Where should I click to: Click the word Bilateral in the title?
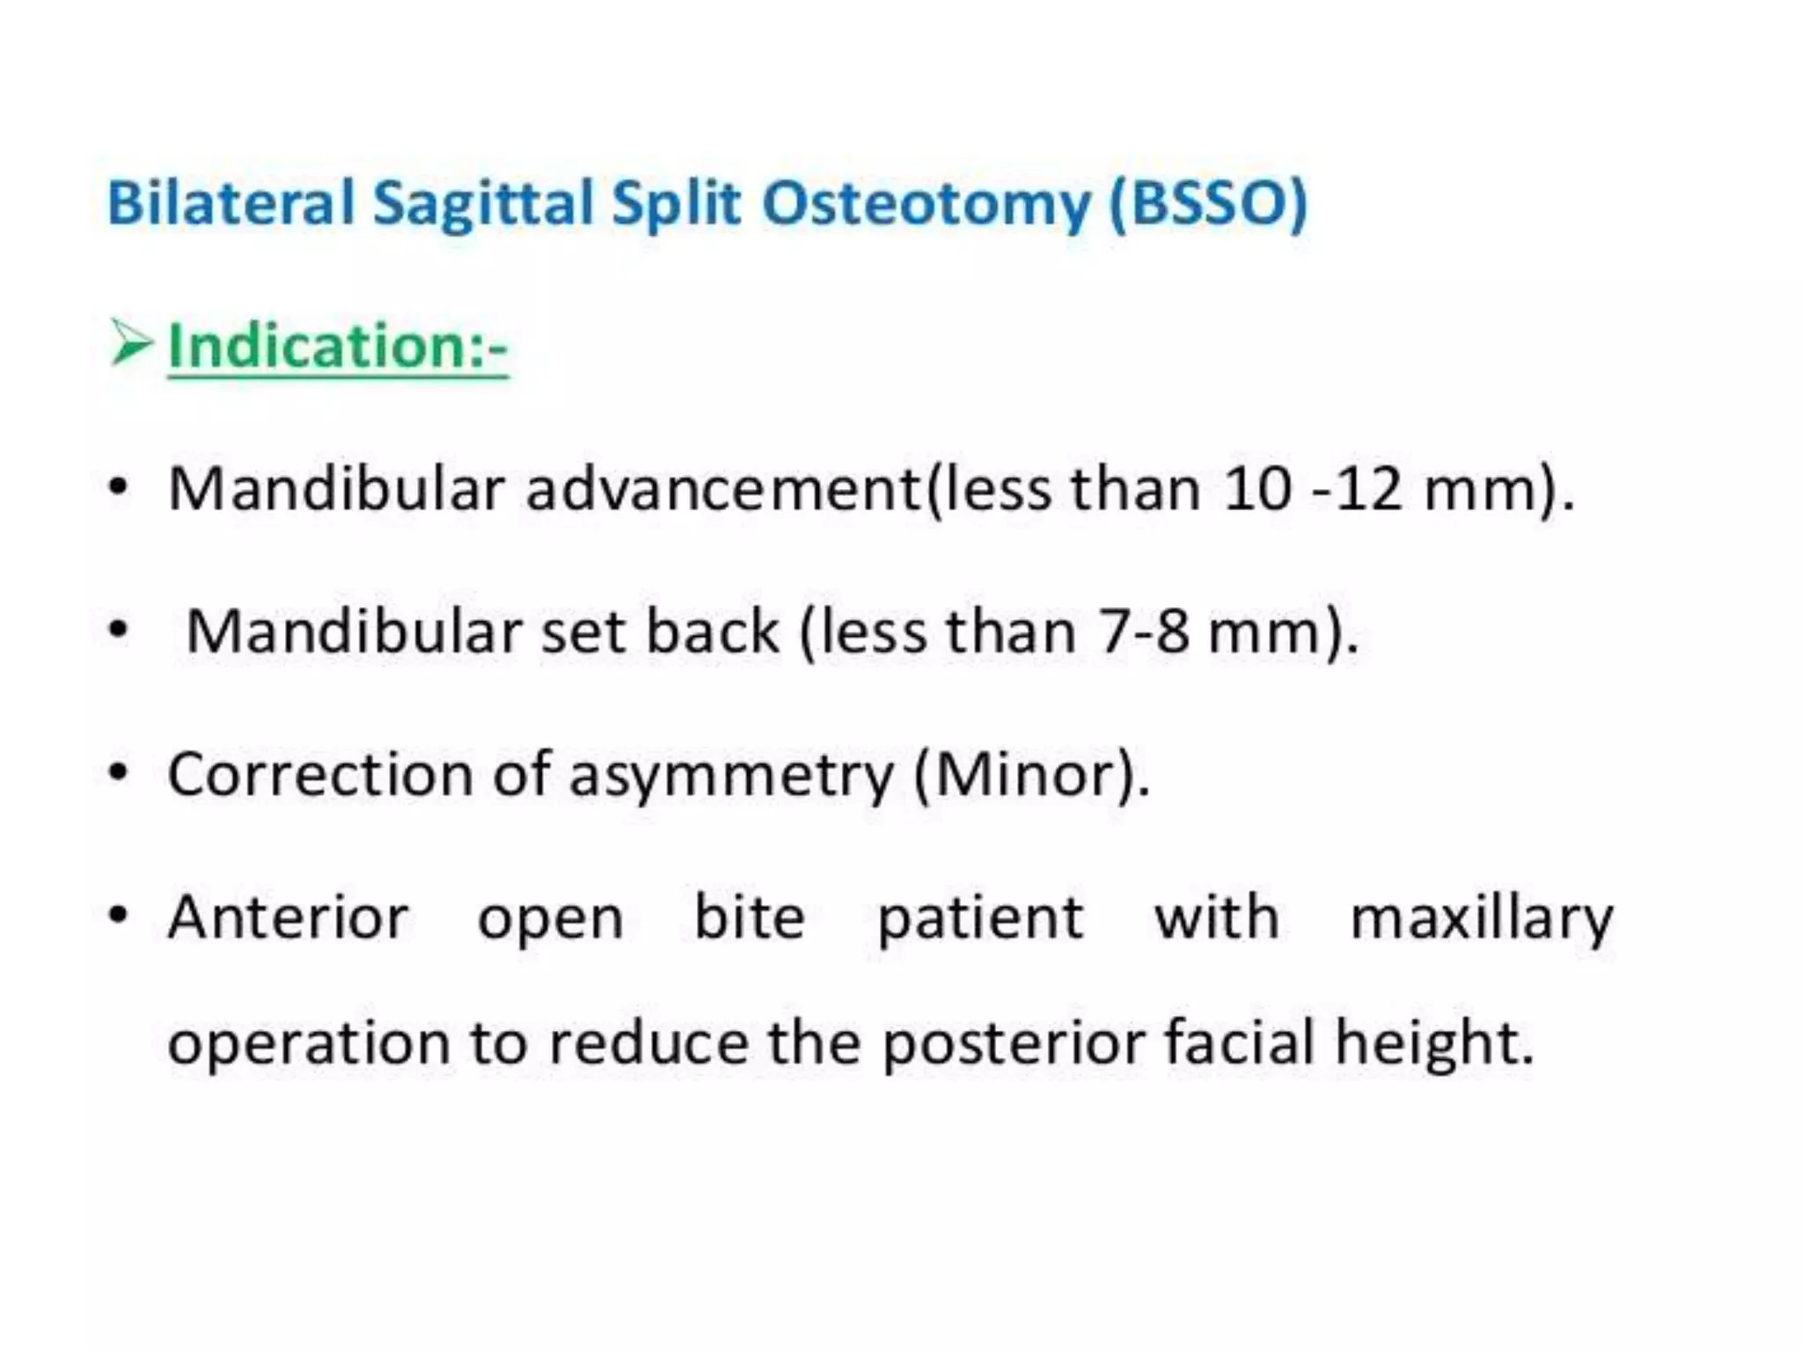pyautogui.click(x=231, y=203)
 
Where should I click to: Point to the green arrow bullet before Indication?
pyautogui.click(x=132, y=344)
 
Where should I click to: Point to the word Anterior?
pyautogui.click(x=289, y=917)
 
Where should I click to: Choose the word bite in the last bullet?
pyautogui.click(x=750, y=917)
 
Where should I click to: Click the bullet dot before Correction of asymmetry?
pyautogui.click(x=118, y=774)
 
